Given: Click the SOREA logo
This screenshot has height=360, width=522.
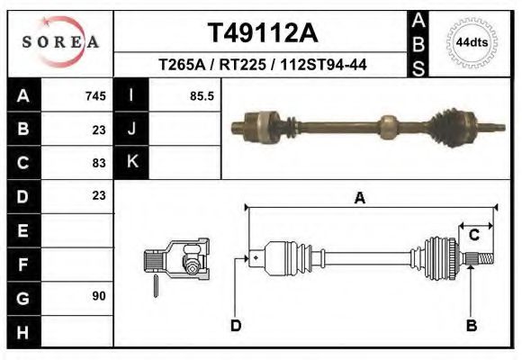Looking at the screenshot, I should (x=60, y=42).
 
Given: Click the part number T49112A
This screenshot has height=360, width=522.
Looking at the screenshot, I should (x=262, y=33).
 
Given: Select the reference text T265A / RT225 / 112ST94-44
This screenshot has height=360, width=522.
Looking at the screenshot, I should (x=262, y=65).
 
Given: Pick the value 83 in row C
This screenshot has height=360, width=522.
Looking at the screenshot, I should (x=99, y=163).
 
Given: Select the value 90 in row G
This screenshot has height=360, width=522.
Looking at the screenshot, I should (x=99, y=296).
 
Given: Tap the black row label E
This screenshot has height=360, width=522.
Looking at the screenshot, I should (x=22, y=230).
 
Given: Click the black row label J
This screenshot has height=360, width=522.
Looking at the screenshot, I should (x=131, y=130).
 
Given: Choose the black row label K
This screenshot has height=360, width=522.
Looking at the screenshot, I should (x=131, y=163).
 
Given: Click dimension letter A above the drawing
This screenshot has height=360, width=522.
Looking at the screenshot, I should (x=360, y=199).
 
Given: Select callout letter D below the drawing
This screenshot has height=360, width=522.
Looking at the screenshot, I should (x=236, y=326).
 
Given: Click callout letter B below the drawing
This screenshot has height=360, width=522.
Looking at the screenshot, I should (x=471, y=326).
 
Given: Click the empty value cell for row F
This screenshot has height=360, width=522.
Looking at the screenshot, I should (x=78, y=264).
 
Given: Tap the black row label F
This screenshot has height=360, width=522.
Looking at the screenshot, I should (x=22, y=264).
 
